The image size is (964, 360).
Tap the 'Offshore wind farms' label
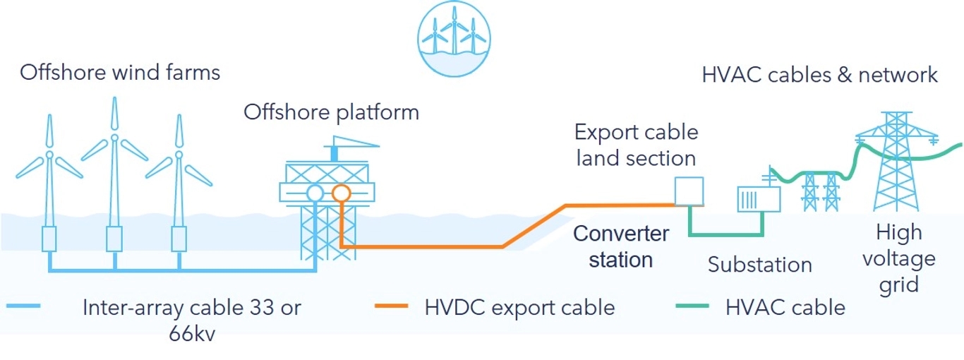(x=120, y=73)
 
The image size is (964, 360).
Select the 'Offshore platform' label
(x=331, y=112)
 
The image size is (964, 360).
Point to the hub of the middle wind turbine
(x=113, y=137)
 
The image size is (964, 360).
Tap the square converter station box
(x=689, y=191)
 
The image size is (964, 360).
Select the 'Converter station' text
(x=621, y=246)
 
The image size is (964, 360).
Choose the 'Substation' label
(x=759, y=265)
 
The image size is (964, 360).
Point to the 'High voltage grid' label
(x=898, y=258)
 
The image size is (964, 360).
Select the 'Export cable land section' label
(x=636, y=145)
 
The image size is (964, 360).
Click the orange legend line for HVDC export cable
(x=389, y=307)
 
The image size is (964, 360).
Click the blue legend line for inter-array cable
(x=23, y=307)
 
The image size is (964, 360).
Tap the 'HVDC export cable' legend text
(x=519, y=308)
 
